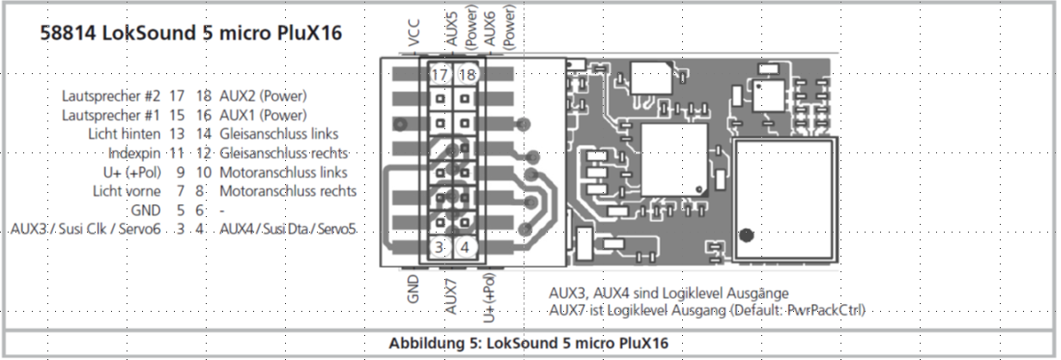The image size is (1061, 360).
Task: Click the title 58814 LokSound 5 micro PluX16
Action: pos(191,34)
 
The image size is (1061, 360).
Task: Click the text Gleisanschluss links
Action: pos(279,133)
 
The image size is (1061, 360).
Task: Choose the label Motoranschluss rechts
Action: pos(288,190)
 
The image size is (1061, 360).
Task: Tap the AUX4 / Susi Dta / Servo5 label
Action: pos(288,229)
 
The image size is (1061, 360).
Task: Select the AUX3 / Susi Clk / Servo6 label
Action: pos(86,229)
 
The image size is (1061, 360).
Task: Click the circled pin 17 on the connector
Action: pos(438,75)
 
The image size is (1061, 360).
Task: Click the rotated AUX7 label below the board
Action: pos(450,294)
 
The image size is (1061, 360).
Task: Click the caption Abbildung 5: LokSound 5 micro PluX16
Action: pos(528,343)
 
